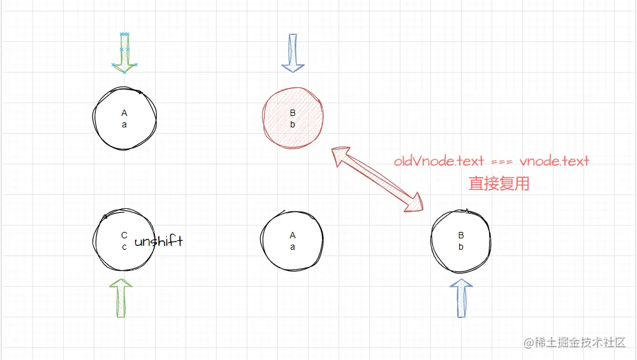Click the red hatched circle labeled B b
click(293, 118)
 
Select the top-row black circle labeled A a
click(125, 118)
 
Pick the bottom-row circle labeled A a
click(293, 240)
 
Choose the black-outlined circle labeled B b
click(461, 240)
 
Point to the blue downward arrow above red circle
click(293, 52)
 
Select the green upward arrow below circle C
click(121, 298)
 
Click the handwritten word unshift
click(159, 241)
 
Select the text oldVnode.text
click(439, 161)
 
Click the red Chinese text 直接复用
click(499, 184)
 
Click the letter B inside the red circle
click(293, 113)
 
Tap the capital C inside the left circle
click(124, 236)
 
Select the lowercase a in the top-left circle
click(124, 125)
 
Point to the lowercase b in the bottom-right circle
click(461, 247)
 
